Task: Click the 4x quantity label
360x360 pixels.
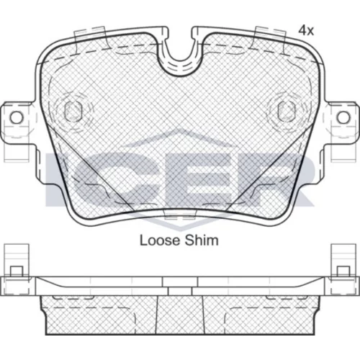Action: click(306, 31)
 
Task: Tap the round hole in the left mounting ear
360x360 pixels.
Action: click(17, 117)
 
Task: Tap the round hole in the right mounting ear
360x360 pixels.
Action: click(343, 117)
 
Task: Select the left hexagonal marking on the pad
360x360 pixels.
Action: click(73, 111)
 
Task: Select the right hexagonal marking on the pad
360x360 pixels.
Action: click(287, 111)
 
